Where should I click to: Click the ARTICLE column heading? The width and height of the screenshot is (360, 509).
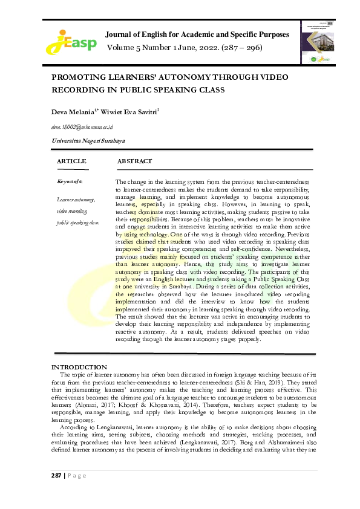tap(71, 161)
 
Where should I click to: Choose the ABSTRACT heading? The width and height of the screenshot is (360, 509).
tap(134, 161)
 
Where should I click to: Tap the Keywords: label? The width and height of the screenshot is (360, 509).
tap(70, 181)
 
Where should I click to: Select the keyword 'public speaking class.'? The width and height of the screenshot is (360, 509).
tap(78, 222)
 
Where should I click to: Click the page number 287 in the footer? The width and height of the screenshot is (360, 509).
tap(56, 475)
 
